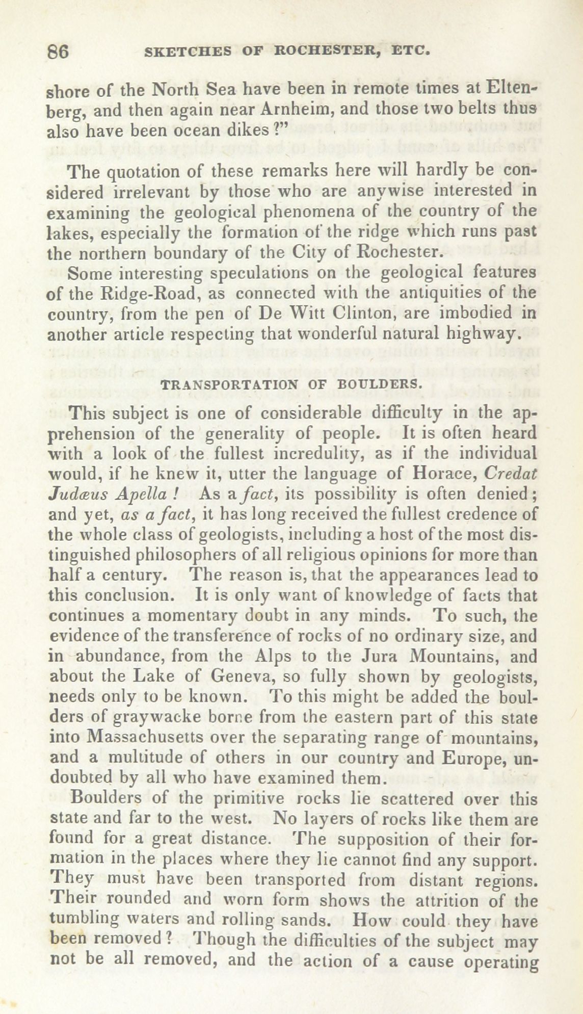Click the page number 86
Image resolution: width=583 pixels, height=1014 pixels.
[58, 52]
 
